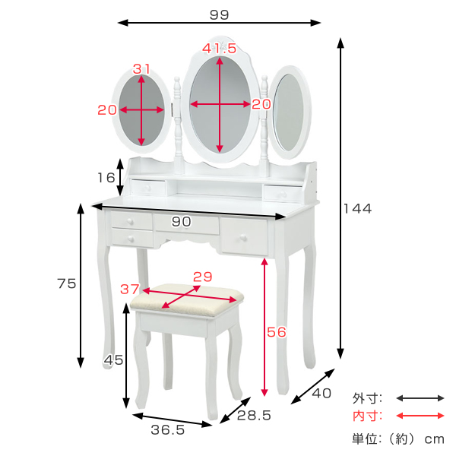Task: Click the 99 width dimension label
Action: point(220,15)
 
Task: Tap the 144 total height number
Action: point(358,209)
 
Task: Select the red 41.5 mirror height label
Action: point(220,49)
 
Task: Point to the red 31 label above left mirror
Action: point(141,69)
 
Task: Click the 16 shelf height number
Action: point(106,178)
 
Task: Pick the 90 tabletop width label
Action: point(182,222)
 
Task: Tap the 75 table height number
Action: point(67,283)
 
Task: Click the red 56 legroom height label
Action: point(277,332)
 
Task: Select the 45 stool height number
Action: point(114,360)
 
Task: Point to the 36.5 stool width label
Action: point(168,430)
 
